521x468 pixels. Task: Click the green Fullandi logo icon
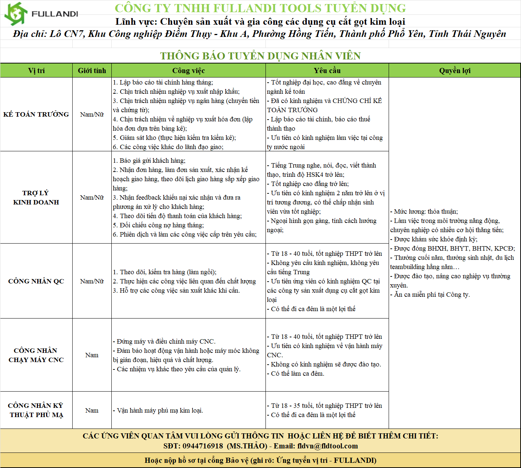16,14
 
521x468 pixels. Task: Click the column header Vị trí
36,70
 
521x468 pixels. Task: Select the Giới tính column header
92,70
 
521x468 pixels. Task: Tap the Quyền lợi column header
455,70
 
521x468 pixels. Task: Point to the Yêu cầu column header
327,70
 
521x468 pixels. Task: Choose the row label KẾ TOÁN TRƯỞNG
36,114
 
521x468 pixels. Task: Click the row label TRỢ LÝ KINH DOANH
36,197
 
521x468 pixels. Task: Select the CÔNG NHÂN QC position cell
36,281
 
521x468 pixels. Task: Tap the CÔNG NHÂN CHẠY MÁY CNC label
36,355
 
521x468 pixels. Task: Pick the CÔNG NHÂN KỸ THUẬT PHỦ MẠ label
36,410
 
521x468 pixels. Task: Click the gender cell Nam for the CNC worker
92,355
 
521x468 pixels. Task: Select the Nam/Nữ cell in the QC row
92,281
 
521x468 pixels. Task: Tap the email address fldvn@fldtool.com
327,446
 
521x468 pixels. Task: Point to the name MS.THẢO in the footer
247,446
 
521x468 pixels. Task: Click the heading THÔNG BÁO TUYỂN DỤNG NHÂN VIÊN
260,56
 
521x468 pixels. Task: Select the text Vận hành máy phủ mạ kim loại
160,410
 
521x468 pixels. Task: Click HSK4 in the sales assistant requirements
314,175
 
